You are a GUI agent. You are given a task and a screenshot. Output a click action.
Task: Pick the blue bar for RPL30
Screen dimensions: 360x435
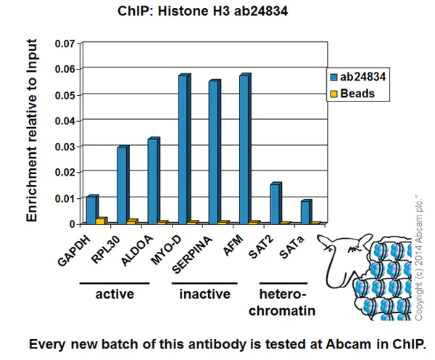pyautogui.click(x=123, y=185)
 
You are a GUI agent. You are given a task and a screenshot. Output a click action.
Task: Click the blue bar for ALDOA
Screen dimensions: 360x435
pyautogui.click(x=153, y=181)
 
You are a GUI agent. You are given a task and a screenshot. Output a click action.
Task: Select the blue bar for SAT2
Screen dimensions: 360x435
pyautogui.click(x=275, y=204)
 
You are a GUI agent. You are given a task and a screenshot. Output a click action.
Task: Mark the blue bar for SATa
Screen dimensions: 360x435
pyautogui.click(x=305, y=212)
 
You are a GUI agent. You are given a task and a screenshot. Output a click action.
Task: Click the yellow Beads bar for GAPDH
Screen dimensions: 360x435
pyautogui.click(x=101, y=220)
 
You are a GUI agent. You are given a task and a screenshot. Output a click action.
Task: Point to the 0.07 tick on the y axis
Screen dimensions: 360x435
pyautogui.click(x=65, y=44)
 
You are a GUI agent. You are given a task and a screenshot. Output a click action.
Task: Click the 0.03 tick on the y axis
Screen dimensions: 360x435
pyautogui.click(x=65, y=147)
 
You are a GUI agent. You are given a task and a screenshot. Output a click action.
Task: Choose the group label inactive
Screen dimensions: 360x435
pyautogui.click(x=204, y=294)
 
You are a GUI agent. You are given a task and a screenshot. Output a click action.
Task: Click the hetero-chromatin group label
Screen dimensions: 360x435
pyautogui.click(x=283, y=302)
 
